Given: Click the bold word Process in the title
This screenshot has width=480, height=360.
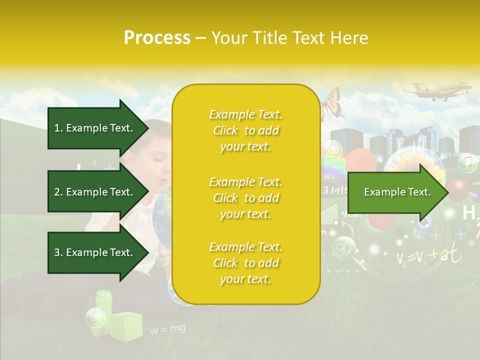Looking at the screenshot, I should click(x=157, y=38).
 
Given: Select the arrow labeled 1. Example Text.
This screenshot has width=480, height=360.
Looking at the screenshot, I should click(x=95, y=128).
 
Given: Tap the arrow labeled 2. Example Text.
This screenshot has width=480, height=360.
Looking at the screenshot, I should click(x=95, y=192).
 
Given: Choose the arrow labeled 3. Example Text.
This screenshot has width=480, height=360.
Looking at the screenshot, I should click(x=95, y=252).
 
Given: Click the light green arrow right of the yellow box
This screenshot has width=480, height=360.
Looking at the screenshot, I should click(x=397, y=192).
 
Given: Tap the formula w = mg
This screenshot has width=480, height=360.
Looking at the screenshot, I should click(x=167, y=329).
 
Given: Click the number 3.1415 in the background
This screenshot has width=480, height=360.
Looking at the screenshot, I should click(x=334, y=190).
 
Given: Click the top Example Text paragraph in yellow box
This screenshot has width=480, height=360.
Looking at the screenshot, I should click(x=245, y=130).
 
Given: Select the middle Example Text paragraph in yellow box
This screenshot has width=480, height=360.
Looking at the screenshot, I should click(x=245, y=198).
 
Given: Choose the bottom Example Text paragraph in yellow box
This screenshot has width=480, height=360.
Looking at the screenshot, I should click(x=245, y=263).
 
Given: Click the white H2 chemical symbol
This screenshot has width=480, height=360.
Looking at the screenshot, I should click(x=470, y=214).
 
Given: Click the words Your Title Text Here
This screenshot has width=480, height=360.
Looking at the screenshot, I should click(x=290, y=38).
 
